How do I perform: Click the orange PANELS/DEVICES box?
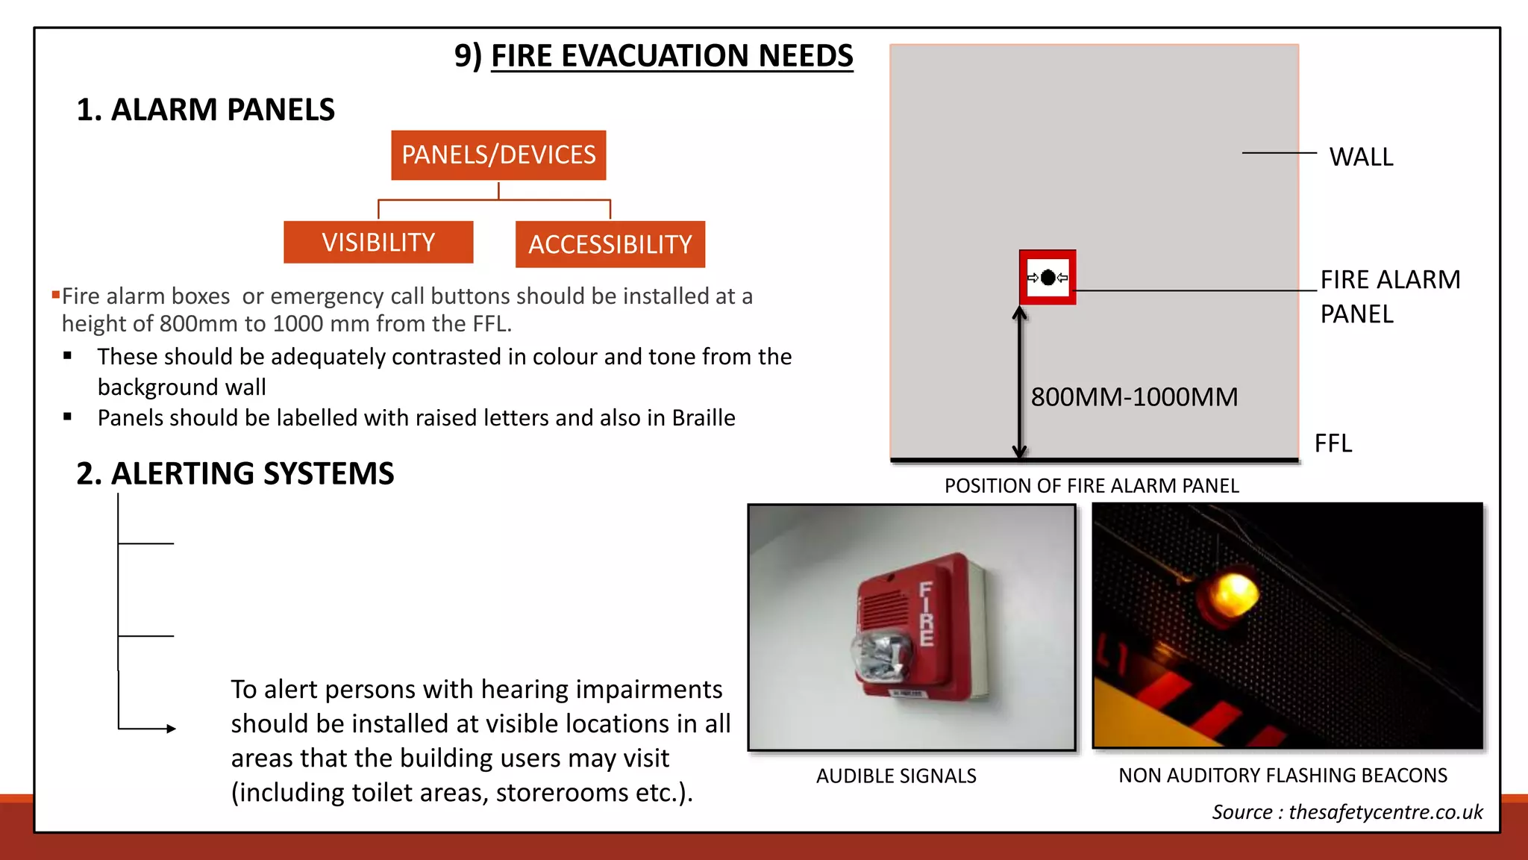coord(498,155)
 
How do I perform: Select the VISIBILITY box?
coord(378,243)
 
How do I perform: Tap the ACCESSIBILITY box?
coord(610,244)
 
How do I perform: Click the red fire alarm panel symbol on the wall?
coord(1048,278)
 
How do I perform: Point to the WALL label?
coord(1361,158)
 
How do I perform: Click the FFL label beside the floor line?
coord(1333,443)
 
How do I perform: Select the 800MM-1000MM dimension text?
coord(1134,397)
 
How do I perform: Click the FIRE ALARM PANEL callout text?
coord(1389,296)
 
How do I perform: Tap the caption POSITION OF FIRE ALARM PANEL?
coord(1092,486)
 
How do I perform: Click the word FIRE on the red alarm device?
coord(926,614)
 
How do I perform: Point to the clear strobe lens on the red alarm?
coord(882,657)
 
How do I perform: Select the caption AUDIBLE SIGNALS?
coord(896,776)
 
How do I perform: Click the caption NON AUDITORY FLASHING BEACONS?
coord(1283,776)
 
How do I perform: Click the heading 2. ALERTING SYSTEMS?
coord(235,474)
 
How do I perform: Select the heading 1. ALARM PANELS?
coord(205,110)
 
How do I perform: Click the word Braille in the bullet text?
coord(703,418)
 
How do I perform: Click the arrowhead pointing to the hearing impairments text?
coord(171,729)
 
